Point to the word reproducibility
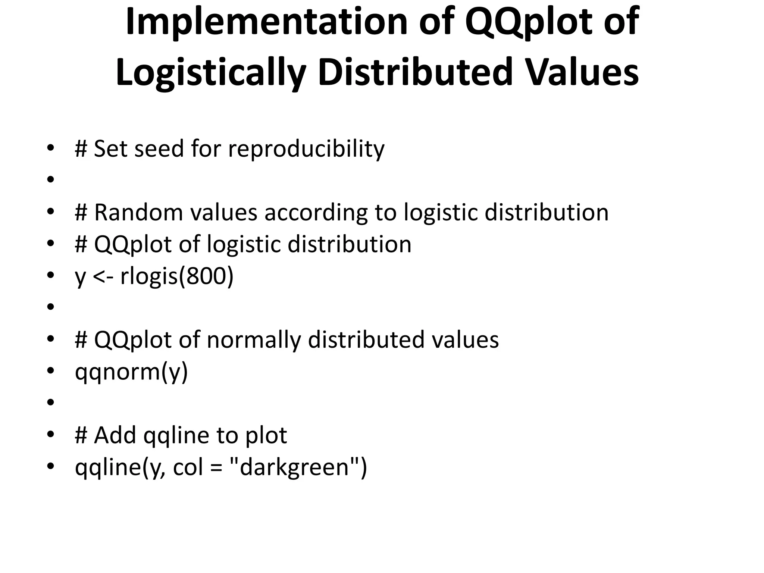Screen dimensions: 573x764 pyautogui.click(x=306, y=149)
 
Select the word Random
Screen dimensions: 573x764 pyautogui.click(x=138, y=212)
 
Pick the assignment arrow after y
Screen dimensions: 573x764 pyautogui.click(x=103, y=277)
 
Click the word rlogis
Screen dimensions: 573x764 pyautogui.click(x=148, y=277)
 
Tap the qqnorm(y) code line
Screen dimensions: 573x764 pyautogui.click(x=131, y=372)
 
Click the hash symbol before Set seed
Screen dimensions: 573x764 pyautogui.click(x=81, y=149)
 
